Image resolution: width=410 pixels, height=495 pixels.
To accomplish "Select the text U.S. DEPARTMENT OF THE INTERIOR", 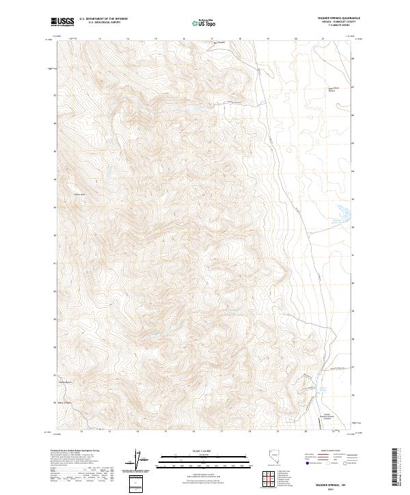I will pos(103,19).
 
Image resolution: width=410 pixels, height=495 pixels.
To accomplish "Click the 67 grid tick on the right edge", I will pos(352,87).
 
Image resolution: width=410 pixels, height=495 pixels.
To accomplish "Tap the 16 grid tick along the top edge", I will pos(184,39).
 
